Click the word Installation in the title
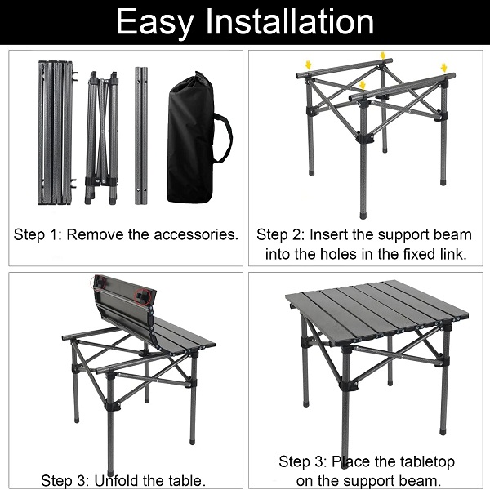click(x=290, y=21)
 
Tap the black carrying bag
click(x=190, y=137)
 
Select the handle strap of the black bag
click(x=225, y=138)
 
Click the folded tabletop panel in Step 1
click(x=56, y=133)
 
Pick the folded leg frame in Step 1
click(x=101, y=138)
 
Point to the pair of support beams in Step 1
click(x=141, y=136)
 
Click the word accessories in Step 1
click(x=196, y=234)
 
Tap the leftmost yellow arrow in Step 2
click(x=309, y=65)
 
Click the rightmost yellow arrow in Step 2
click(x=443, y=68)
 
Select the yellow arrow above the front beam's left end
click(x=362, y=85)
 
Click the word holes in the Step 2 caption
click(x=338, y=254)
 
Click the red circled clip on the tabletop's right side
click(x=142, y=296)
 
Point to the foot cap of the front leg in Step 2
click(x=363, y=216)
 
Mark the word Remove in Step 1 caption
click(x=96, y=234)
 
